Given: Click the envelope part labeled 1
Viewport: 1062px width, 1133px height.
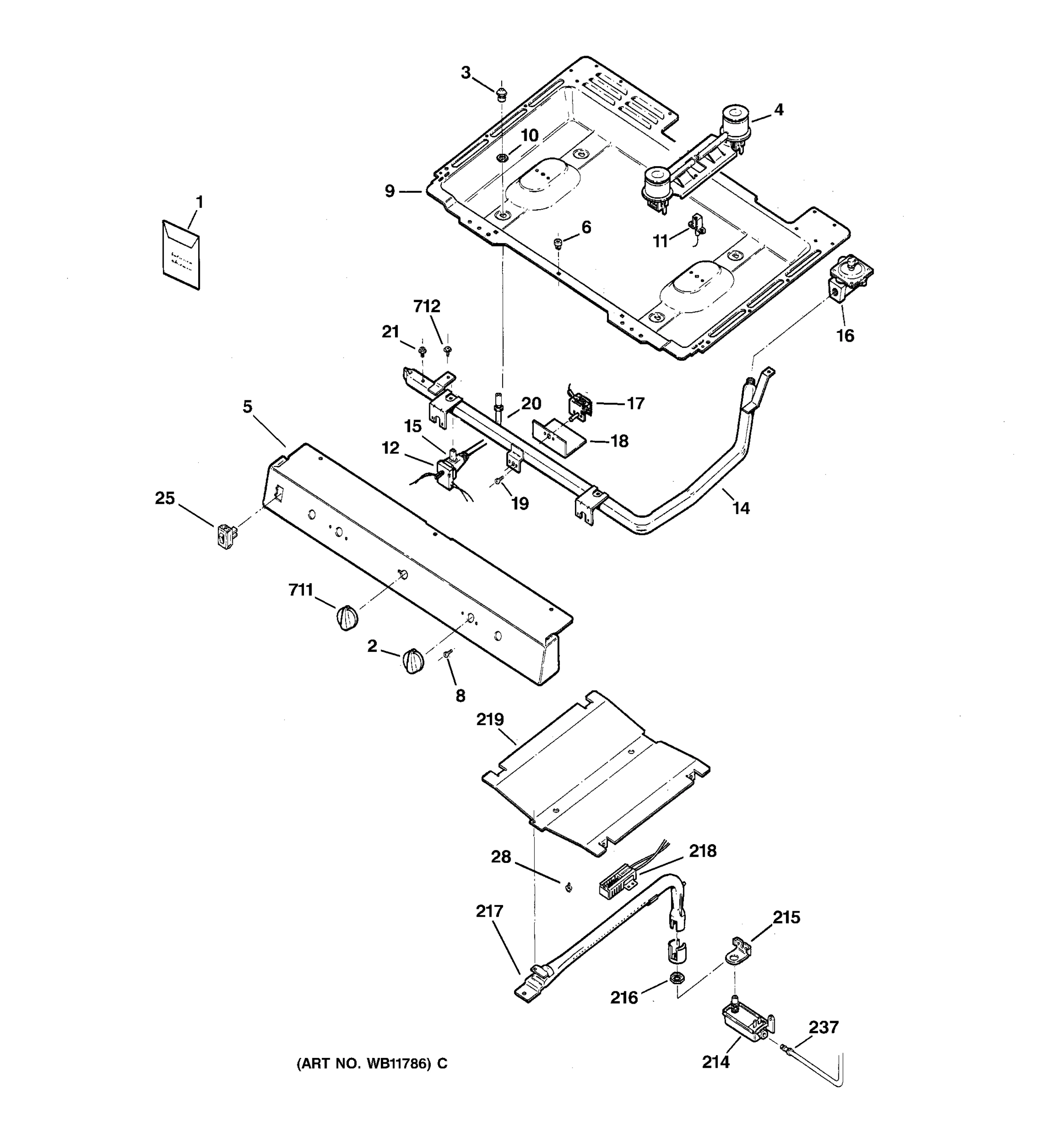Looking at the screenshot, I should pyautogui.click(x=181, y=255).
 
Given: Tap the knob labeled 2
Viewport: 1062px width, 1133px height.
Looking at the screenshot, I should pyautogui.click(x=413, y=661).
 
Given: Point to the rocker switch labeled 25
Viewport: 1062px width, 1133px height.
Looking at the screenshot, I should pyautogui.click(x=226, y=535).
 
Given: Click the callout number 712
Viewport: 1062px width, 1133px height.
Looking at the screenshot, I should pyautogui.click(x=427, y=306).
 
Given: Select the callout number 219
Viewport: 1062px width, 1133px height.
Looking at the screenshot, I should pyautogui.click(x=490, y=720).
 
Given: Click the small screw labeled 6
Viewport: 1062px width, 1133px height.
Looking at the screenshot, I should pyautogui.click(x=558, y=244).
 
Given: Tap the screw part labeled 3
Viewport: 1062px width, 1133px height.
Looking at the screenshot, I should pyautogui.click(x=501, y=94).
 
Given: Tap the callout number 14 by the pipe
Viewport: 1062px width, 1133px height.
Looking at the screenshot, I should pyautogui.click(x=741, y=508).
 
